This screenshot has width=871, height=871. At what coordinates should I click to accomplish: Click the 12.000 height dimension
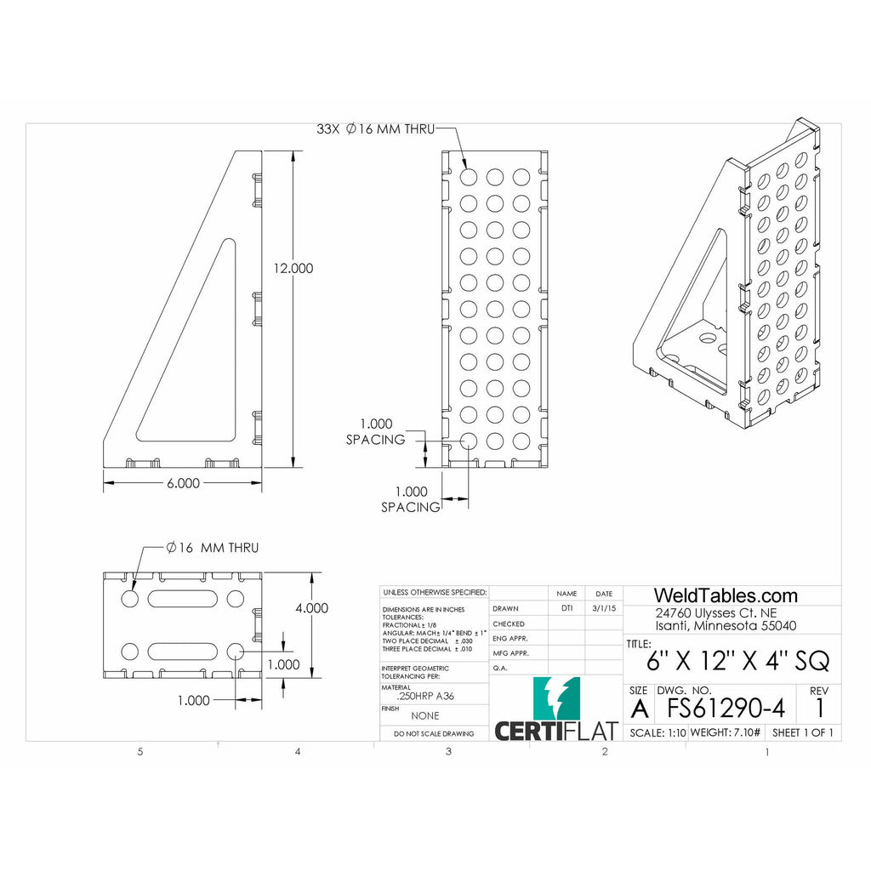[x=293, y=268]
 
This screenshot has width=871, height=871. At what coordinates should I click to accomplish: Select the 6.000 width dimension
[x=182, y=482]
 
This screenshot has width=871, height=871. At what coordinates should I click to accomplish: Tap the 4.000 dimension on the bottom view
[x=311, y=608]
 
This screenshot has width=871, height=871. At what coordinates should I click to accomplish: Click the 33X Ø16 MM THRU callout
[x=375, y=129]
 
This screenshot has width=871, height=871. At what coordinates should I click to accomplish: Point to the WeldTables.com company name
[x=725, y=595]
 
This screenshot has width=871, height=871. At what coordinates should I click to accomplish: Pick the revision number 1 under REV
[x=819, y=708]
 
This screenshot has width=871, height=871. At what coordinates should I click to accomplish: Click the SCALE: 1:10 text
[x=657, y=732]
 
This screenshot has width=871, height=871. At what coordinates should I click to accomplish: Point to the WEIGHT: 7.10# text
[x=726, y=732]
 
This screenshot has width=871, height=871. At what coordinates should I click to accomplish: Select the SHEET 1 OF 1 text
[x=802, y=732]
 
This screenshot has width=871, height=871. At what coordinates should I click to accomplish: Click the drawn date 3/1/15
[x=603, y=608]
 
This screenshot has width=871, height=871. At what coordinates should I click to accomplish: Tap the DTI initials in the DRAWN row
[x=566, y=608]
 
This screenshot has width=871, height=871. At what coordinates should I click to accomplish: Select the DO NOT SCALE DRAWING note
[x=434, y=733]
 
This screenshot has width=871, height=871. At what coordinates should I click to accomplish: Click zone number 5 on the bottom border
[x=140, y=752]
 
